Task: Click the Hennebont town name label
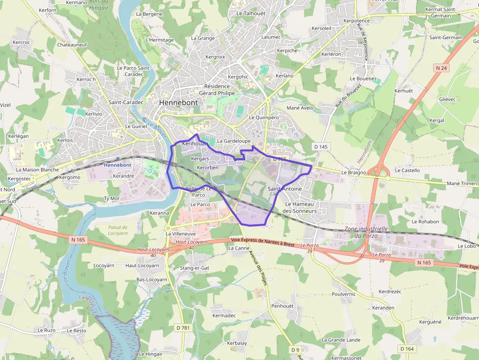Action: [178, 103]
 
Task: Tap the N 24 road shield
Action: [441, 68]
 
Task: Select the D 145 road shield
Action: [321, 147]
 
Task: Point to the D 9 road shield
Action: [295, 350]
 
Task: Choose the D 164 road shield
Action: [407, 348]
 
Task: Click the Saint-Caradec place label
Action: [126, 103]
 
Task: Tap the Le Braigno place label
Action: [354, 172]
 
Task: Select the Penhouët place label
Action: [282, 306]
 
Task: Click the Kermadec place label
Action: [224, 316]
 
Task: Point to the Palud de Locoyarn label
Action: [118, 230]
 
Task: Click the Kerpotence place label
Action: [356, 21]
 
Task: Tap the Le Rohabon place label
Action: [425, 221]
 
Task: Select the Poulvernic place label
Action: [344, 294]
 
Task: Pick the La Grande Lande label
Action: [341, 340]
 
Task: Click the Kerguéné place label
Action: [430, 322]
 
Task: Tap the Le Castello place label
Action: [407, 170]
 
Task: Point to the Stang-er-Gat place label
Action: [195, 268]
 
